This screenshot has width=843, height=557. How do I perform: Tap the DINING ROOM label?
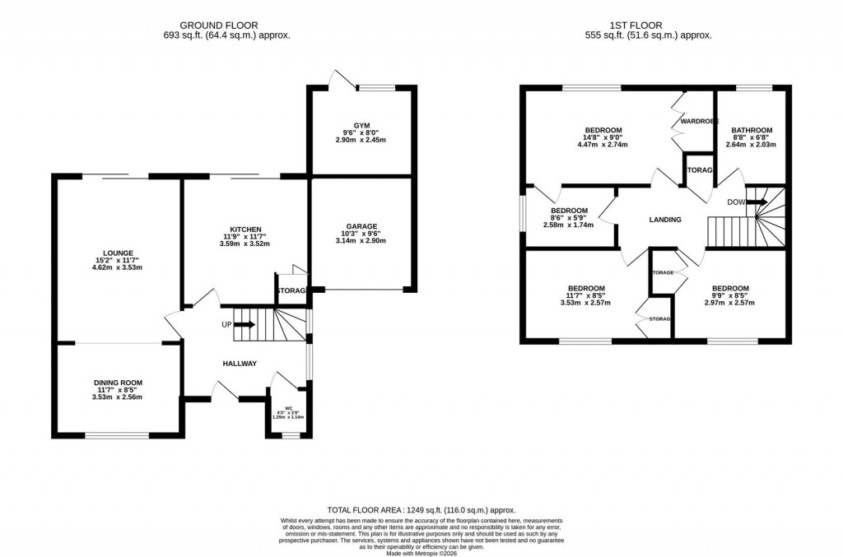118,383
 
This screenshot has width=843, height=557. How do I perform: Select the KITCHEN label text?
245,229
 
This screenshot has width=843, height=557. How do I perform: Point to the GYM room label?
362,124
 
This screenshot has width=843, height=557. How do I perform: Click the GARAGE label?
361,226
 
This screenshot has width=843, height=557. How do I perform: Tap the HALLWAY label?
240,363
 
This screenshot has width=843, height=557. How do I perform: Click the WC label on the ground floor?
288,406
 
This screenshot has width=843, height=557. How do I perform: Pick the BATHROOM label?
752,130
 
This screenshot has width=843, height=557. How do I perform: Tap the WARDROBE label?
699,121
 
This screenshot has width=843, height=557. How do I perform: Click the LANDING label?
665,220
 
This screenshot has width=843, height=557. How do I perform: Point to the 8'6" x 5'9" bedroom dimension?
569,217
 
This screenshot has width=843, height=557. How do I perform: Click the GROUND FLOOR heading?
226,26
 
